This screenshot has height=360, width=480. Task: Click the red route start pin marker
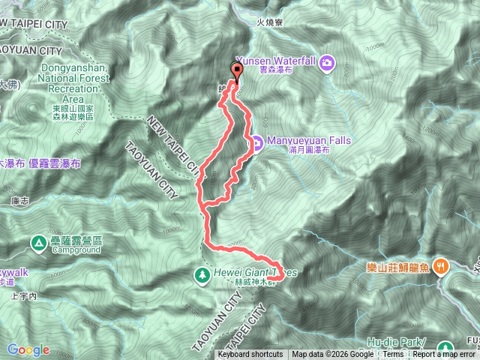point(238,72)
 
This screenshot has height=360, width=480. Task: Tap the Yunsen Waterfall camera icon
point(327,62)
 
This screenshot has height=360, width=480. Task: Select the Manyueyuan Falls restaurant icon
point(256,141)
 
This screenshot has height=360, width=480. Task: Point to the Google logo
point(28,349)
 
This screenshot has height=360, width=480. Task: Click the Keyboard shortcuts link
point(250,355)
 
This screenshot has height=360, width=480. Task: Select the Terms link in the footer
point(393,355)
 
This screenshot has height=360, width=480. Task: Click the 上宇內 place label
point(24,296)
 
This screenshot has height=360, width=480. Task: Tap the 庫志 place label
point(19,200)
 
